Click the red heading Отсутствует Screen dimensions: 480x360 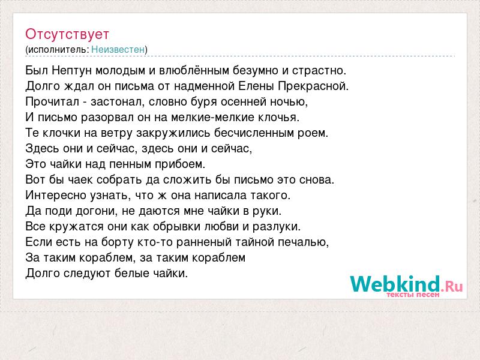click(67, 34)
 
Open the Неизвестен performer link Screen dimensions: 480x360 click(118, 49)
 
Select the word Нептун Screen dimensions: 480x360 click(72, 71)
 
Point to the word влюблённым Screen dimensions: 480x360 click(194, 71)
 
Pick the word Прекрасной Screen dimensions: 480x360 click(313, 86)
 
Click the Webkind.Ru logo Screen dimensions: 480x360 click(406, 284)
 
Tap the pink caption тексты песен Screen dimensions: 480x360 click(413, 295)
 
